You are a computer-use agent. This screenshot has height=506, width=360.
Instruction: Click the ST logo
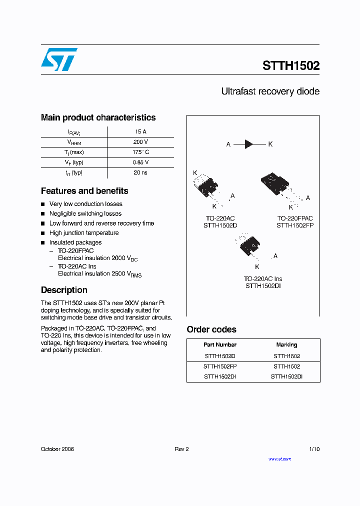coord(59,59)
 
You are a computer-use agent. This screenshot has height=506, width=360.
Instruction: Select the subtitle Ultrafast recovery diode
coord(270,91)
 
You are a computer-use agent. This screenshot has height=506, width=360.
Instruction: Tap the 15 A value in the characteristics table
coord(140,132)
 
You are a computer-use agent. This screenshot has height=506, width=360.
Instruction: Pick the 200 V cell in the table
coord(140,142)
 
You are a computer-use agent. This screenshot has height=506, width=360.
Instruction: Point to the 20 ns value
coord(140,172)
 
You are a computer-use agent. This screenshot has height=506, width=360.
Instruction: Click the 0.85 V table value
coord(140,162)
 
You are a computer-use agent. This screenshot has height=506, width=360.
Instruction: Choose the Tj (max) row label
coord(74,152)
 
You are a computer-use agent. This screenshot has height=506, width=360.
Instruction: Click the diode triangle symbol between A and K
coord(249,144)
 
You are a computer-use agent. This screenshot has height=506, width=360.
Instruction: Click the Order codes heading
coord(211,329)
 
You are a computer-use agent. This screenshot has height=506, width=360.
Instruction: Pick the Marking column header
coord(286,345)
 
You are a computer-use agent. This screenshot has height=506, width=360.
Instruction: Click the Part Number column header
coord(220,345)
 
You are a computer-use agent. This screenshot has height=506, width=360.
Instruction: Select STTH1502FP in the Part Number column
coord(220,366)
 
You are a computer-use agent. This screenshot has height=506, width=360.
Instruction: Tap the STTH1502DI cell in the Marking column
coord(286,377)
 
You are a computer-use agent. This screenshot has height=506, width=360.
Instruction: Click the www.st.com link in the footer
coord(279,459)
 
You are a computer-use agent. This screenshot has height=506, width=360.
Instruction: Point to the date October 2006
coord(57,449)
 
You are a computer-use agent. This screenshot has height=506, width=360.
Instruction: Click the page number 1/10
coord(314,449)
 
